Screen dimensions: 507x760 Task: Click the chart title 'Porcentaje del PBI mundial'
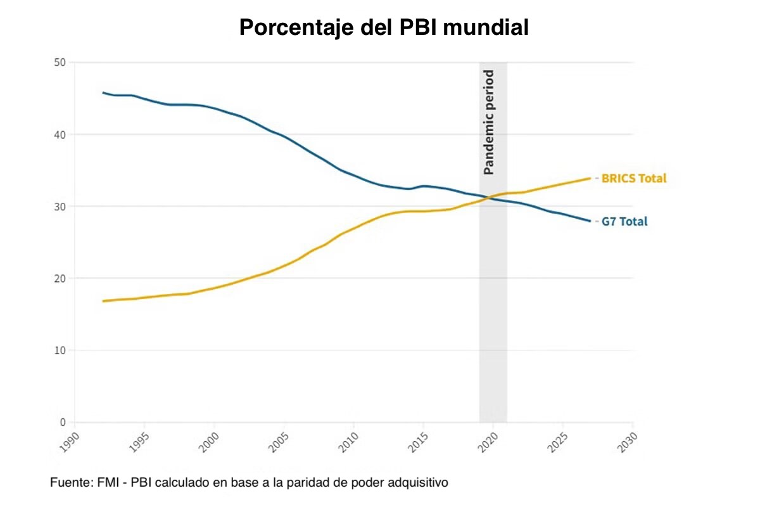point(383,28)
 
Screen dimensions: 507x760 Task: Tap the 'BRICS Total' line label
point(633,179)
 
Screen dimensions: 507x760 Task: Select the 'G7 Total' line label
point(624,222)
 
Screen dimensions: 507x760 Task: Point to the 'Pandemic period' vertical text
point(488,122)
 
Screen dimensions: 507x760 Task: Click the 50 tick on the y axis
point(60,62)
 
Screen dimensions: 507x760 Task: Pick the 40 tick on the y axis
point(60,134)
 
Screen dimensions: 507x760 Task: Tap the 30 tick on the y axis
point(60,207)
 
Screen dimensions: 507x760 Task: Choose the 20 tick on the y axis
point(60,278)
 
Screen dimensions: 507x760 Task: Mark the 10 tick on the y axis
point(60,350)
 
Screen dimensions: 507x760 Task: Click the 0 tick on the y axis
point(63,422)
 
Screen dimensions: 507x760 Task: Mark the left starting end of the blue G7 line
point(103,93)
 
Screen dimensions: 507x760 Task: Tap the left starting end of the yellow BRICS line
point(103,301)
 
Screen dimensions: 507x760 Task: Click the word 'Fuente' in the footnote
point(71,483)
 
